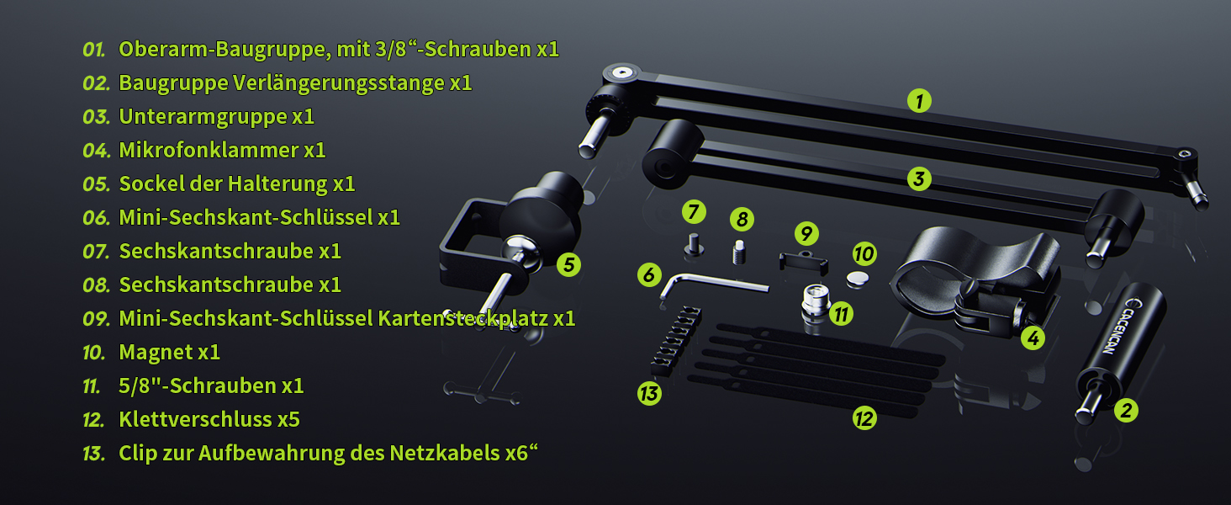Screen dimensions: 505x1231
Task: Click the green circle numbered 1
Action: (x=920, y=101)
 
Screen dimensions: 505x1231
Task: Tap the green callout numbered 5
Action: (x=569, y=264)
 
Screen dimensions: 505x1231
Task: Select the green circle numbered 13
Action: (x=648, y=393)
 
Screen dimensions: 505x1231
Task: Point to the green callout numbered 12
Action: (x=864, y=417)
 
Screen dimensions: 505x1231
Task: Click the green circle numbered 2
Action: (x=1126, y=411)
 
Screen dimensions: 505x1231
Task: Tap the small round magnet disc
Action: (x=859, y=277)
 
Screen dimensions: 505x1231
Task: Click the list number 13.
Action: (x=93, y=454)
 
